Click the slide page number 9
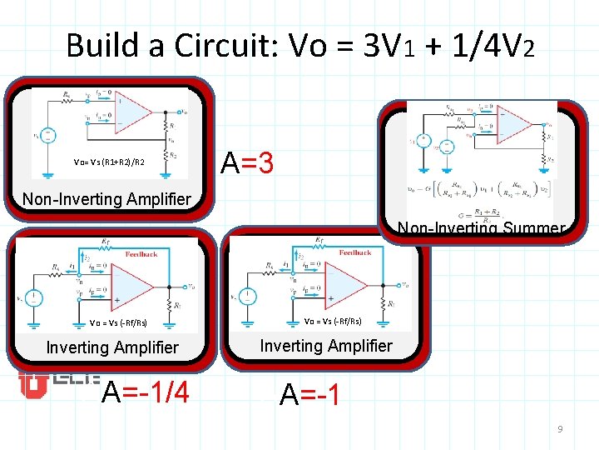[560, 429]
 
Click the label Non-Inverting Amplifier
[106, 199]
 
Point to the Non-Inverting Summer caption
[481, 227]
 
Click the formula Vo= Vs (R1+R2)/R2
[109, 162]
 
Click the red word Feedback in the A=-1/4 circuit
[141, 253]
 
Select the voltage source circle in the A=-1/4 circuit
[34, 296]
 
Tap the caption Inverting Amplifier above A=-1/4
[112, 347]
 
